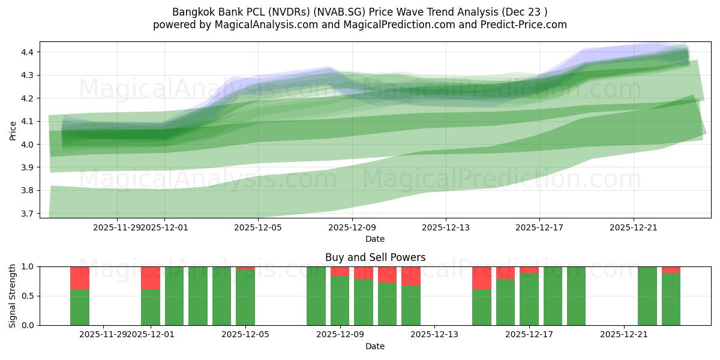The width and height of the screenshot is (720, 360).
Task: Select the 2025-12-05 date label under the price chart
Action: [257, 227]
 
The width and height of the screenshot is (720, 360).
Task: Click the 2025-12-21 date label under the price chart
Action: [634, 227]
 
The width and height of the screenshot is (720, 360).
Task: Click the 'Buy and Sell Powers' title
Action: [375, 257]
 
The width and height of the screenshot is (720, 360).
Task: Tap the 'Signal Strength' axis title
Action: [13, 296]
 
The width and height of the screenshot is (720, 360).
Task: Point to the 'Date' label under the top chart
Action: [375, 239]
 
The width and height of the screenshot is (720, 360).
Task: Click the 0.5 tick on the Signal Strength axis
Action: [28, 296]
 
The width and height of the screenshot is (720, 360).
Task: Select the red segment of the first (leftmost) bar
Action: [80, 278]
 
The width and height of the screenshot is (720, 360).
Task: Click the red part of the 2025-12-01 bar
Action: [151, 278]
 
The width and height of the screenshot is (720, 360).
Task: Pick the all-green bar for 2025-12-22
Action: [647, 296]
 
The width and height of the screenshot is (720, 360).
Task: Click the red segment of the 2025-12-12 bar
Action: [411, 276]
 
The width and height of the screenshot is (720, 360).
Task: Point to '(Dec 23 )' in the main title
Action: [525, 12]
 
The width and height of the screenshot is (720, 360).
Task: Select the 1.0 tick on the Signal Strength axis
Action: [28, 266]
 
